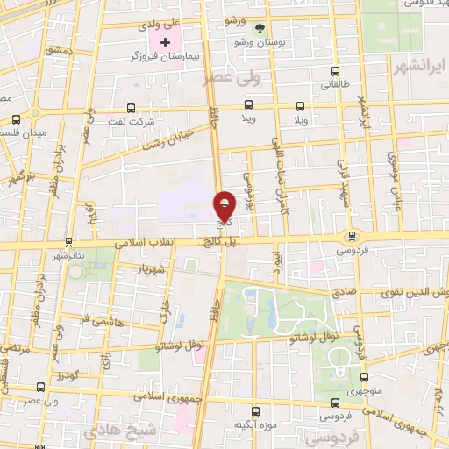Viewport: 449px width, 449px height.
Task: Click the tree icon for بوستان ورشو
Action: point(258,28)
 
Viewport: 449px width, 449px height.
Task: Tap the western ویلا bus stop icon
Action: point(249,105)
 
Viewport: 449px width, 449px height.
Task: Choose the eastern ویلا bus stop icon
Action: point(302,105)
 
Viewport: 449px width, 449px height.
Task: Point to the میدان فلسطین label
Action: point(23,132)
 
